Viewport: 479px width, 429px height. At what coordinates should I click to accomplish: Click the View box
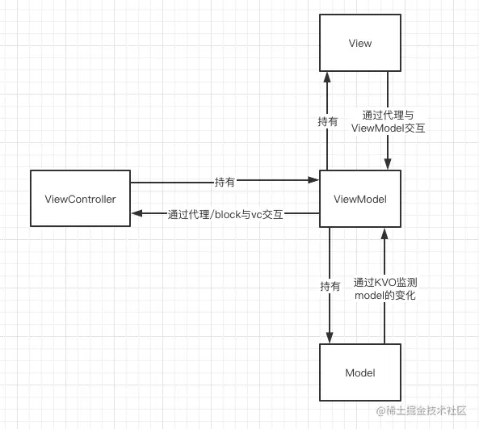tap(359, 43)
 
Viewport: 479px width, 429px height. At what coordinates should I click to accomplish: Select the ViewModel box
tap(359, 199)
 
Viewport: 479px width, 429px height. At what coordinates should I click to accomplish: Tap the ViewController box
tap(79, 199)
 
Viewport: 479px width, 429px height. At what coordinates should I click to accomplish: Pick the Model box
tap(359, 372)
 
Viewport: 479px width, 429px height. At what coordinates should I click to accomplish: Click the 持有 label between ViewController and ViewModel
tap(225, 183)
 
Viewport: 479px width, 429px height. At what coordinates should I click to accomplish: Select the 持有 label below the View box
tap(328, 122)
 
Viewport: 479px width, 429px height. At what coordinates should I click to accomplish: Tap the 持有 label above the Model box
tap(330, 286)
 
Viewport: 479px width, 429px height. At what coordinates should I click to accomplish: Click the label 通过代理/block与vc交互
tap(225, 214)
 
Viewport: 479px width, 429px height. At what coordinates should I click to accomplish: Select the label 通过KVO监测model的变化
tap(385, 289)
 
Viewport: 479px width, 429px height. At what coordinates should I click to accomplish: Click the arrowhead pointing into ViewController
tap(137, 213)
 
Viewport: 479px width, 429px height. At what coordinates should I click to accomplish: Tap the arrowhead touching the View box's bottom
tap(328, 77)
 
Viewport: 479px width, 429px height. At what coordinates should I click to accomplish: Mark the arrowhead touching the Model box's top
tap(330, 338)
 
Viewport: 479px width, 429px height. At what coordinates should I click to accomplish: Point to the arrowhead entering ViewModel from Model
tap(385, 233)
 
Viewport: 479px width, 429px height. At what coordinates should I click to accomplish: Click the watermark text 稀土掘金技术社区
tap(423, 411)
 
